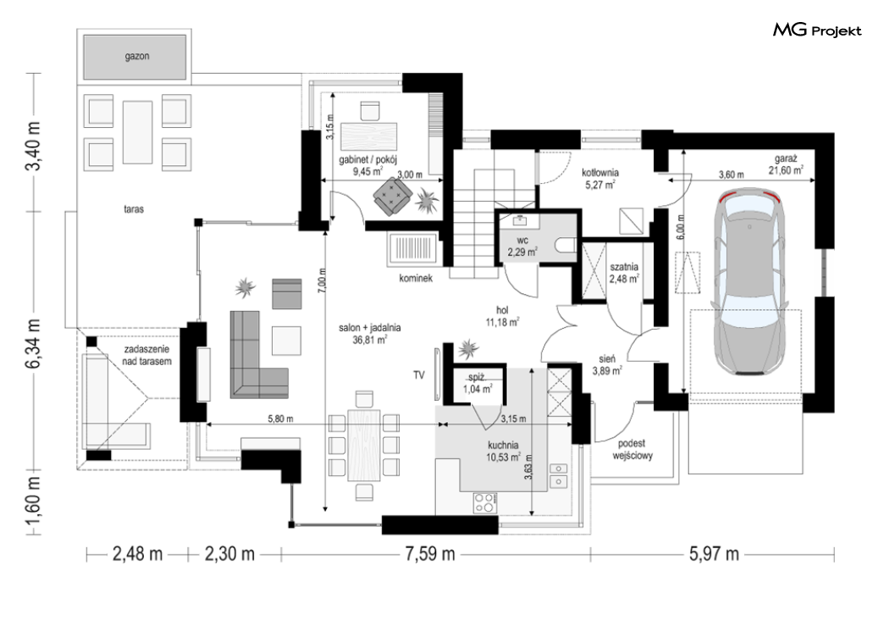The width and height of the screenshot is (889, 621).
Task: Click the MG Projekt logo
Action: [x=817, y=30]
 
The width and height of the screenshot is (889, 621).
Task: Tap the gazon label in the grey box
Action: [x=136, y=56]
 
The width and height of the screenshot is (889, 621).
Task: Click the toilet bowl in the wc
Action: [x=566, y=245]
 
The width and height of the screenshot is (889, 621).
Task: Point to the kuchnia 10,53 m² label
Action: [x=503, y=451]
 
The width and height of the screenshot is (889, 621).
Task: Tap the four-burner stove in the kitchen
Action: [x=485, y=502]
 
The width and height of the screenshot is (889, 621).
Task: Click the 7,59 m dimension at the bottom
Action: [x=430, y=553]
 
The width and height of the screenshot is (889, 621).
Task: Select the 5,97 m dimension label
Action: [x=714, y=553]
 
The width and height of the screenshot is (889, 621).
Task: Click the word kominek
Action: [x=416, y=278]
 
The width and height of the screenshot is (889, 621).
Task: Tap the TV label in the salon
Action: [x=419, y=374]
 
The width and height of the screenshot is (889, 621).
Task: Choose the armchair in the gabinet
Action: [x=391, y=197]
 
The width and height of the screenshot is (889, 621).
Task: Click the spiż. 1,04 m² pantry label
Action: [x=478, y=383]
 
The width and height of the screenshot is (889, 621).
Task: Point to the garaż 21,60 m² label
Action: [x=786, y=164]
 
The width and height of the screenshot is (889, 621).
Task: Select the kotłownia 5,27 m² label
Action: [x=599, y=178]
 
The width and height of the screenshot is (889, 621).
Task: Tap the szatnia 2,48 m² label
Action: [x=624, y=272]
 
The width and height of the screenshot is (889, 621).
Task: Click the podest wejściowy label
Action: [x=632, y=449]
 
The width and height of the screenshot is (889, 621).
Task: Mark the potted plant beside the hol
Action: [x=468, y=348]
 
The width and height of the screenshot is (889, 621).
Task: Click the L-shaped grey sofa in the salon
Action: [x=258, y=354]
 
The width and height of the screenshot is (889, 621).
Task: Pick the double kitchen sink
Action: [x=559, y=475]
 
